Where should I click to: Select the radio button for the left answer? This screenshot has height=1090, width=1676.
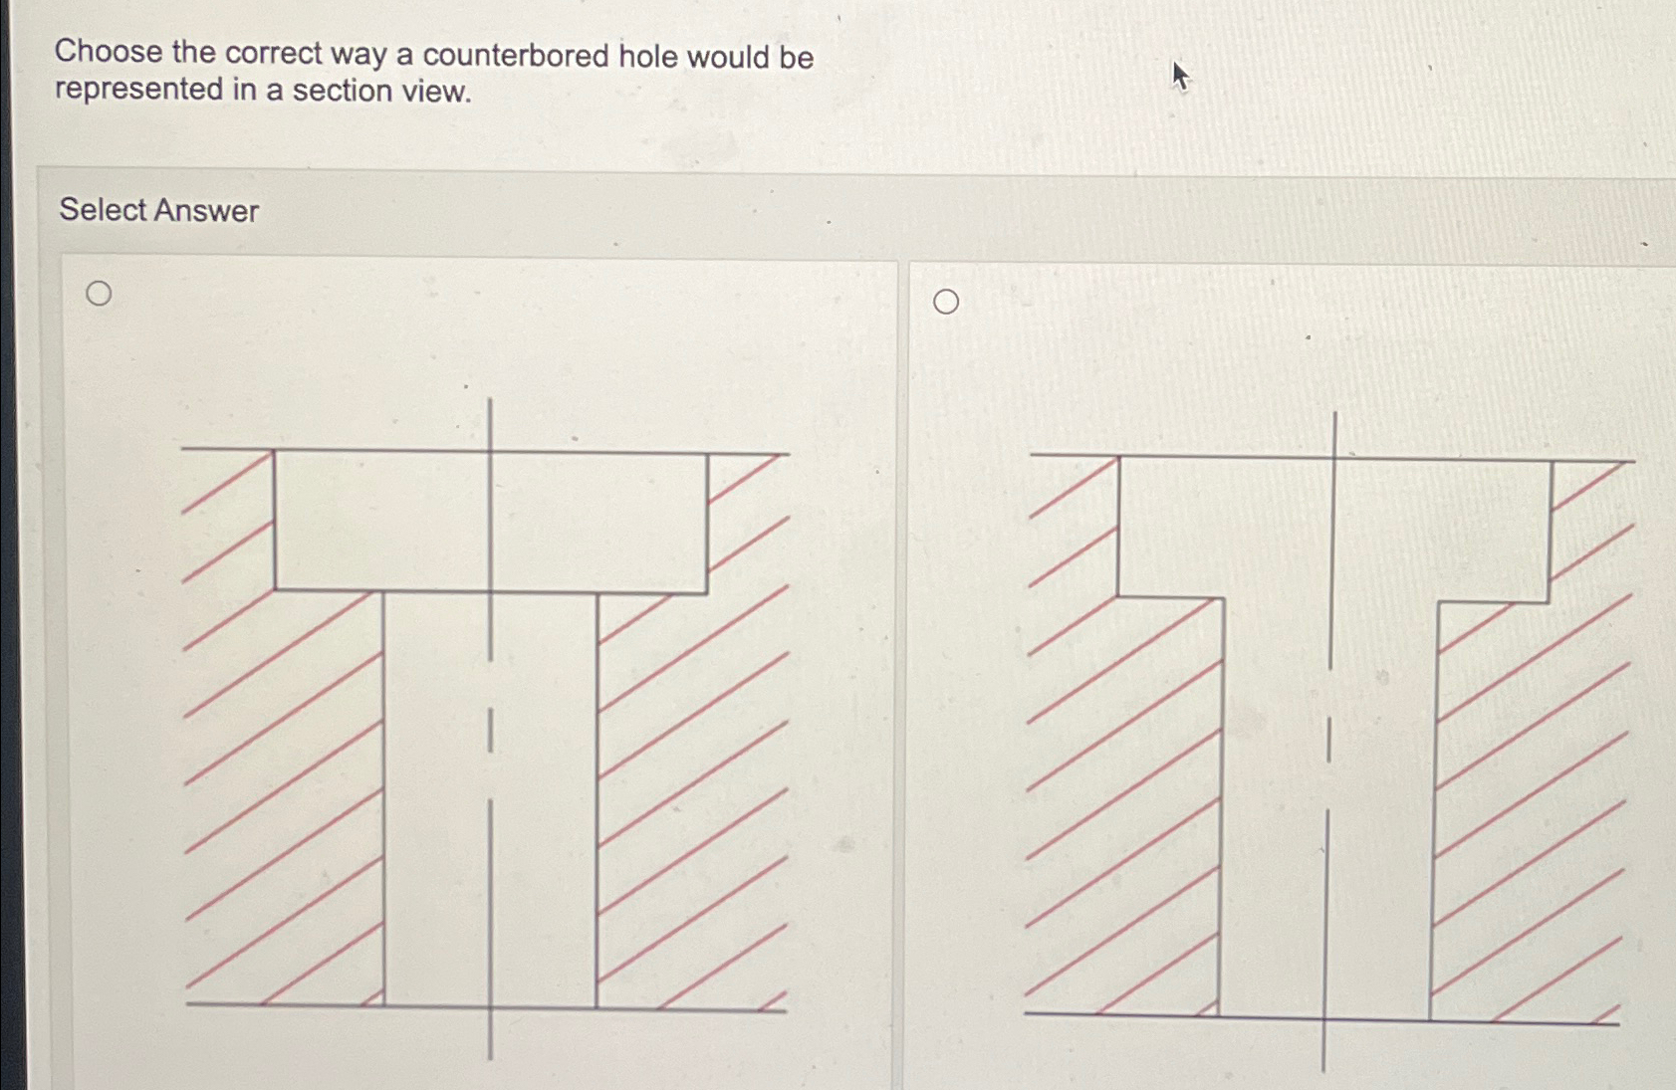pyautogui.click(x=99, y=294)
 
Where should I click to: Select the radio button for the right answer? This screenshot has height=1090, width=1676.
pyautogui.click(x=946, y=302)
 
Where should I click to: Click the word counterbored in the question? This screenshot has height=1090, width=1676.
pyautogui.click(x=515, y=56)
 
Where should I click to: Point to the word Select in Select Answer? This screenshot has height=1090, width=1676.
pyautogui.click(x=103, y=209)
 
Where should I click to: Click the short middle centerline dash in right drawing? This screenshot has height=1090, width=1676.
pyautogui.click(x=1328, y=740)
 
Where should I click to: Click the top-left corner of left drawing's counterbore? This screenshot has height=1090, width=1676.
pyautogui.click(x=275, y=452)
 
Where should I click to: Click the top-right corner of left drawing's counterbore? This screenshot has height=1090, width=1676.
pyautogui.click(x=708, y=456)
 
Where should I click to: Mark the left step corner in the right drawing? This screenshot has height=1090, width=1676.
pyautogui.click(x=1118, y=596)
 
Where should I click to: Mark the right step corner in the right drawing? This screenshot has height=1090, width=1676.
pyautogui.click(x=1548, y=601)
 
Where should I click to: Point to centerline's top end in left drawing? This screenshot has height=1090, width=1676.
pyautogui.click(x=490, y=400)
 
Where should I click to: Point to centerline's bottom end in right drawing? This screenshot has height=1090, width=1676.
pyautogui.click(x=1322, y=1069)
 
